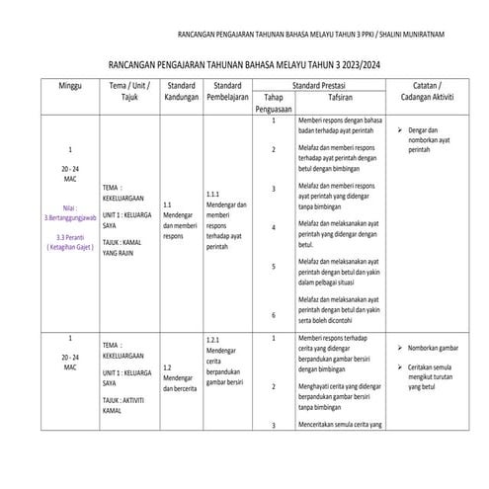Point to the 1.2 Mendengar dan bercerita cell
[x=181, y=380]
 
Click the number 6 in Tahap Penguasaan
[x=273, y=313]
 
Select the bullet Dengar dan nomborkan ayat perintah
[x=433, y=137]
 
